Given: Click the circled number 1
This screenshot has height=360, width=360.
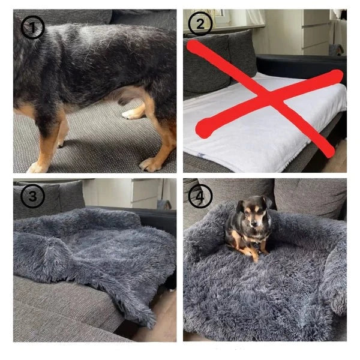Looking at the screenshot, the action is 32,28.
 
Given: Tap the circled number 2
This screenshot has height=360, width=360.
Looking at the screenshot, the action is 200,23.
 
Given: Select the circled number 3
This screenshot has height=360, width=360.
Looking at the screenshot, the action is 32,196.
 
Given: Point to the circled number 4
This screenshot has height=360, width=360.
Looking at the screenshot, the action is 200,196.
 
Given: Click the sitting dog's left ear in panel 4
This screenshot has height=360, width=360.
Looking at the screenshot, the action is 240,205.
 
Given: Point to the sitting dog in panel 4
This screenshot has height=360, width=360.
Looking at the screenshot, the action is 247,227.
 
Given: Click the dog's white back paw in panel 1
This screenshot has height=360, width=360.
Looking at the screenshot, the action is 131,114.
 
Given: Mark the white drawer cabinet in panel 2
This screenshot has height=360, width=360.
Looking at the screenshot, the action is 316,32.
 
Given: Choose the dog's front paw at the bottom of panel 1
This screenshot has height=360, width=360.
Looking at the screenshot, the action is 37,167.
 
